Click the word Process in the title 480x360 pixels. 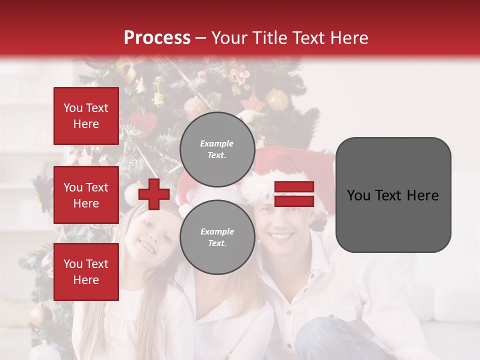pos(157,37)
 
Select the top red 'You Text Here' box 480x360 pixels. pos(86,116)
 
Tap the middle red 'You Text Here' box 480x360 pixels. pos(86,195)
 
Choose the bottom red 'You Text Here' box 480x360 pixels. pos(86,271)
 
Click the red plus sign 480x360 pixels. pos(154,194)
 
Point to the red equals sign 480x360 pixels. pos(294,194)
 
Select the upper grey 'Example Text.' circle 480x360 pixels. pos(217,149)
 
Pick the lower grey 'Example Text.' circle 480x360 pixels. pos(217,237)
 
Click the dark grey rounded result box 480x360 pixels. pos(393,194)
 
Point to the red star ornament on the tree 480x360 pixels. pos(253,103)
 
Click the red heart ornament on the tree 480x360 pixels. pos(142,123)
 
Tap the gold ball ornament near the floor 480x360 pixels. pos(40,315)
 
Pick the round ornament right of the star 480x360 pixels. pos(276,100)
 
